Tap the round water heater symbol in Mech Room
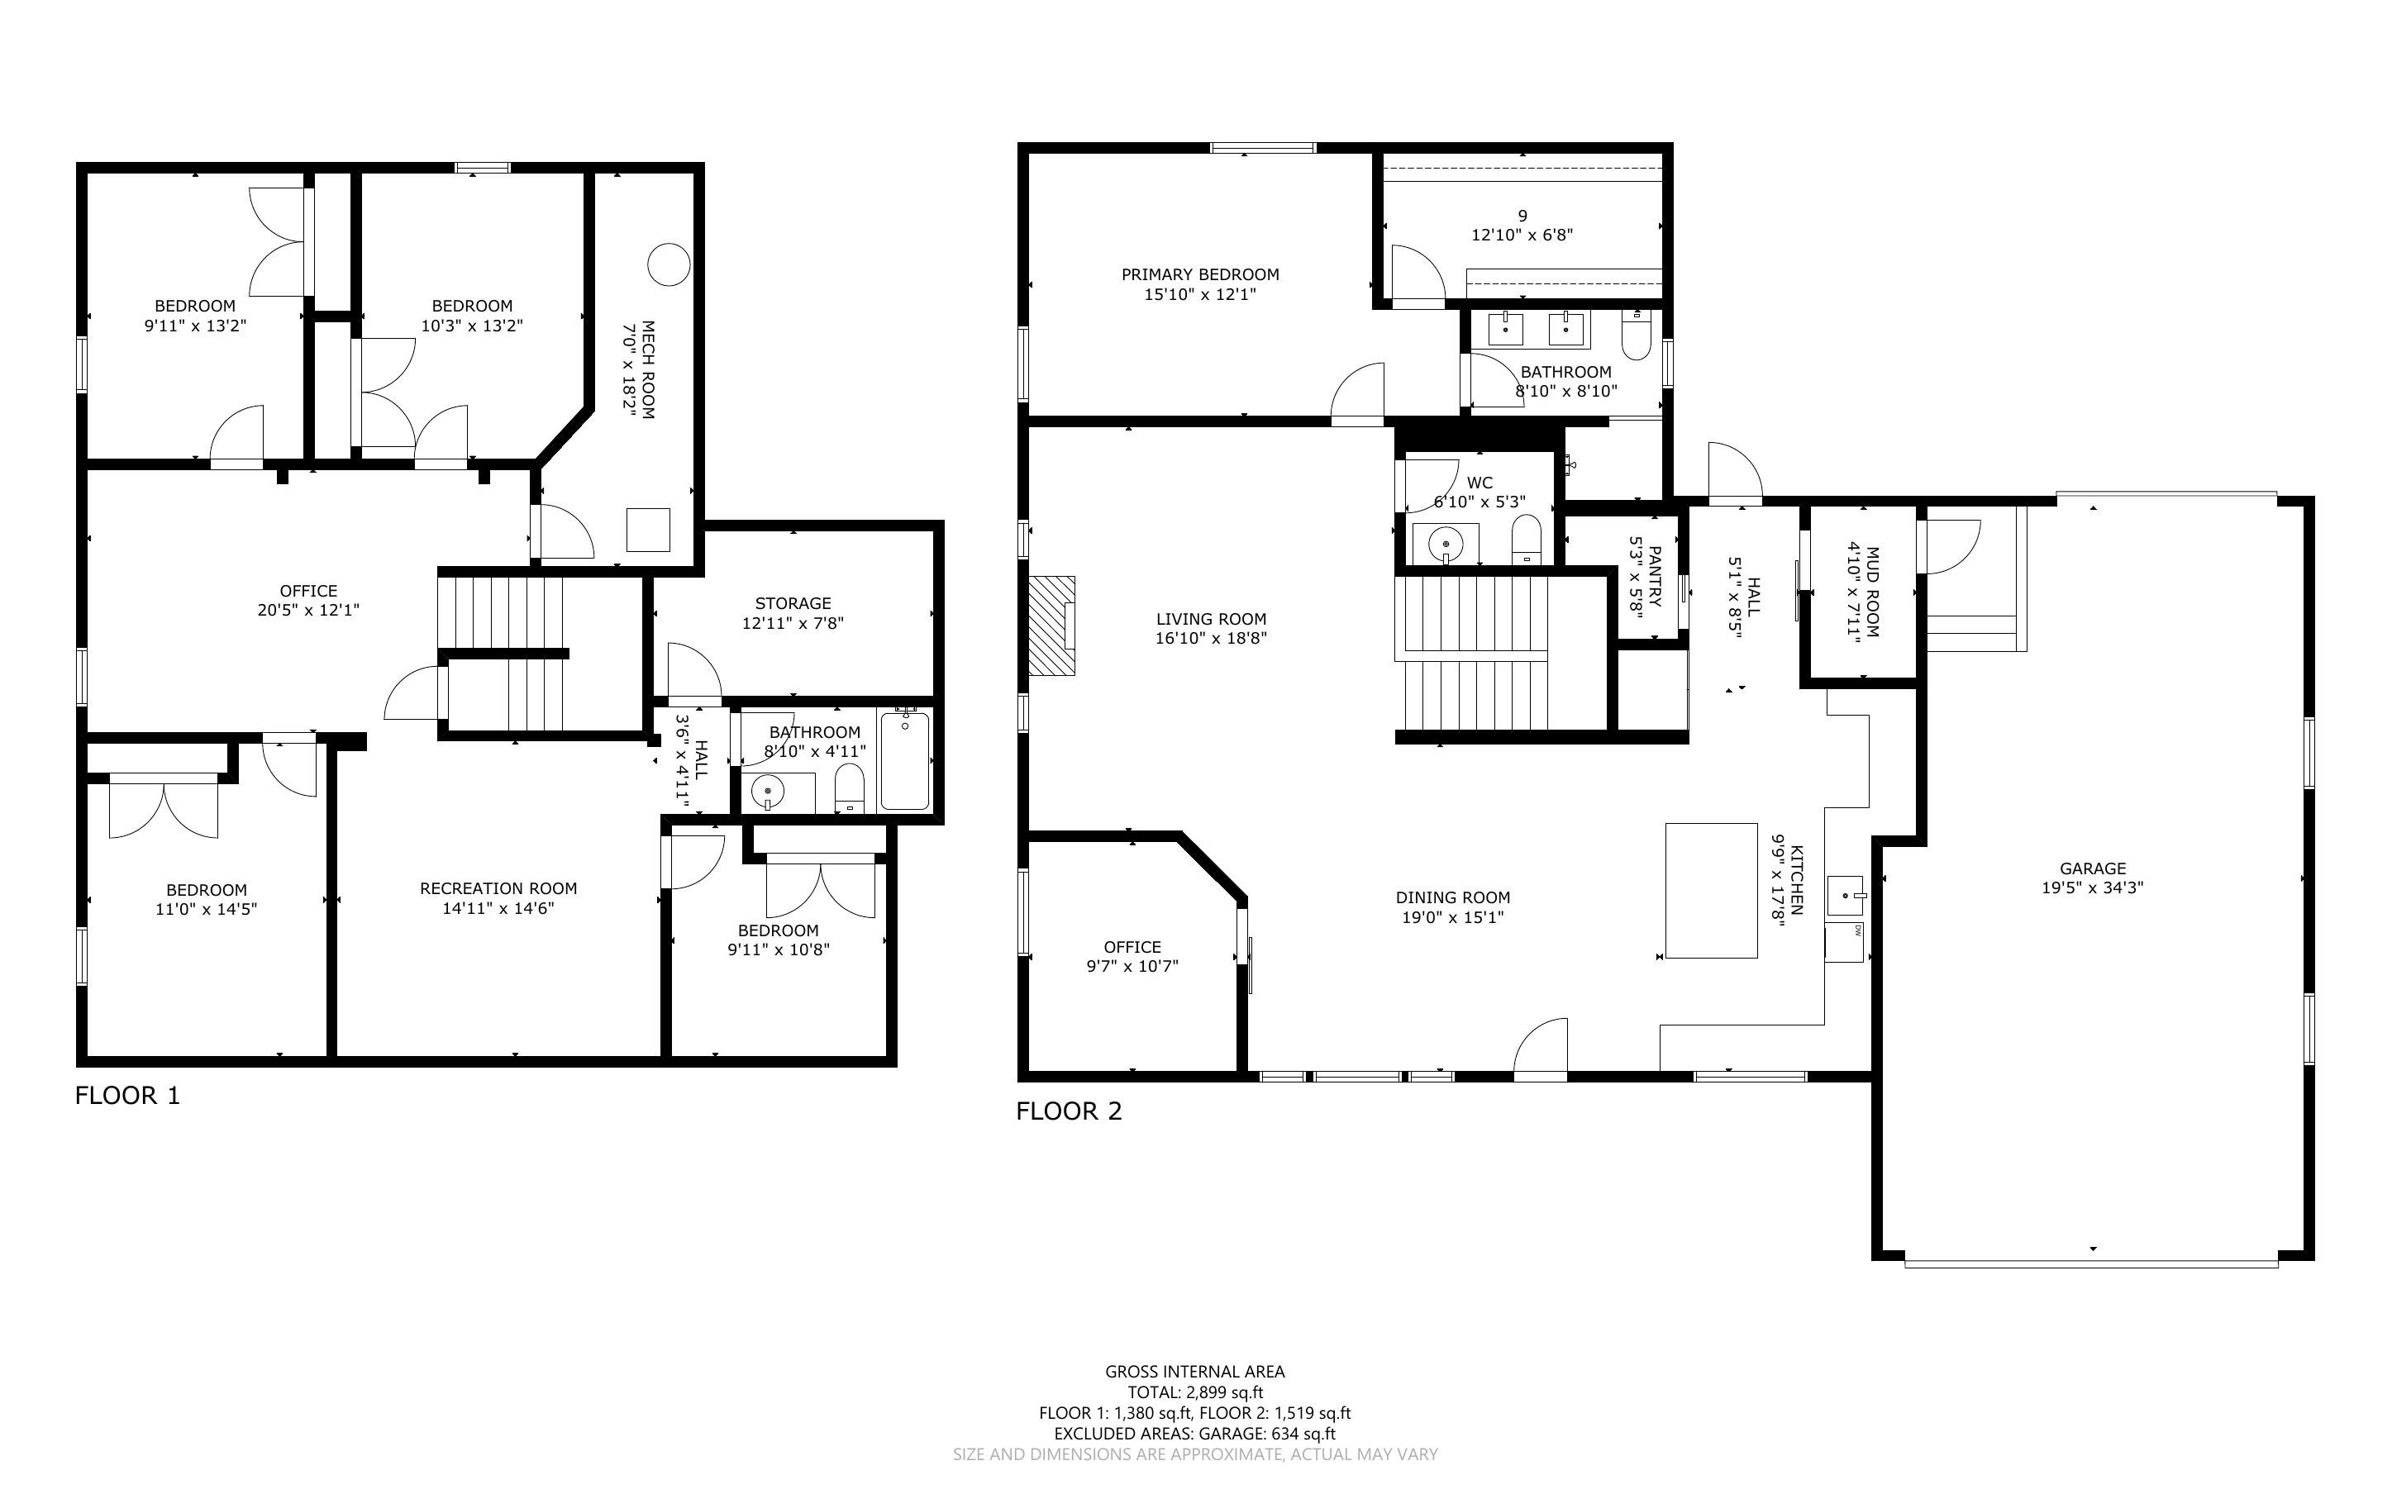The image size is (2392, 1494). [668, 264]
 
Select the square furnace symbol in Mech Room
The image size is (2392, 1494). [648, 530]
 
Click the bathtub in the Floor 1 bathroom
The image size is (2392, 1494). [905, 761]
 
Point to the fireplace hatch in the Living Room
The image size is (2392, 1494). [1051, 626]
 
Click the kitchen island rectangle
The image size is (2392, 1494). [1711, 890]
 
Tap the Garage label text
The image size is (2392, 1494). [2093, 868]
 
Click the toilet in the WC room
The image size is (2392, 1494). [1527, 540]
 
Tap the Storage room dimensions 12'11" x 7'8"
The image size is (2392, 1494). [793, 624]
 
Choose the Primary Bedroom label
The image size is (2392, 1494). [1200, 274]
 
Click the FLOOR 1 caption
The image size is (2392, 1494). [128, 1095]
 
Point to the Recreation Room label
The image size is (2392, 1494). [499, 888]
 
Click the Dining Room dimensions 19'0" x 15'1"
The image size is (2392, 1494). [1453, 918]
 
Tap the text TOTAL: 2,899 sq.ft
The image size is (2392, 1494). [1195, 1393]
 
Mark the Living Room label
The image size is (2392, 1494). [1212, 620]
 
